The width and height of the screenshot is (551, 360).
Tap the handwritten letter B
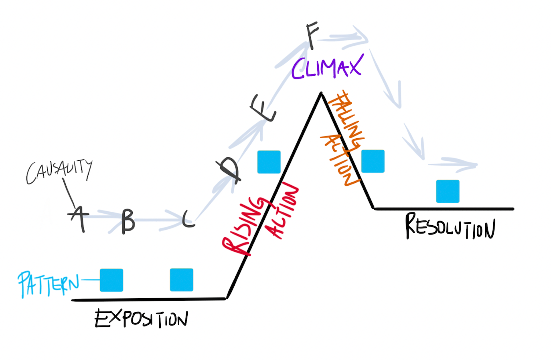pos(128,220)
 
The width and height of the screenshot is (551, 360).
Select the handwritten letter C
pos(188,219)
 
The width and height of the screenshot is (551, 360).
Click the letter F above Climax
pos(312,35)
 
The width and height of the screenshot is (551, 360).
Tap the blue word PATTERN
pos(48,283)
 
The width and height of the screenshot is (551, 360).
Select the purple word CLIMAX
pos(327,67)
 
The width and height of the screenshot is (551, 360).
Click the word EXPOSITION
pos(141,319)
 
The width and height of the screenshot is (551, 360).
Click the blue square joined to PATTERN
pos(111,280)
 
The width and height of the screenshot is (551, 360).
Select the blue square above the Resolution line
pos(448,191)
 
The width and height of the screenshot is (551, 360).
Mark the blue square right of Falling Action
pos(373,161)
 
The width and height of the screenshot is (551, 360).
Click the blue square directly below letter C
pos(181,280)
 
